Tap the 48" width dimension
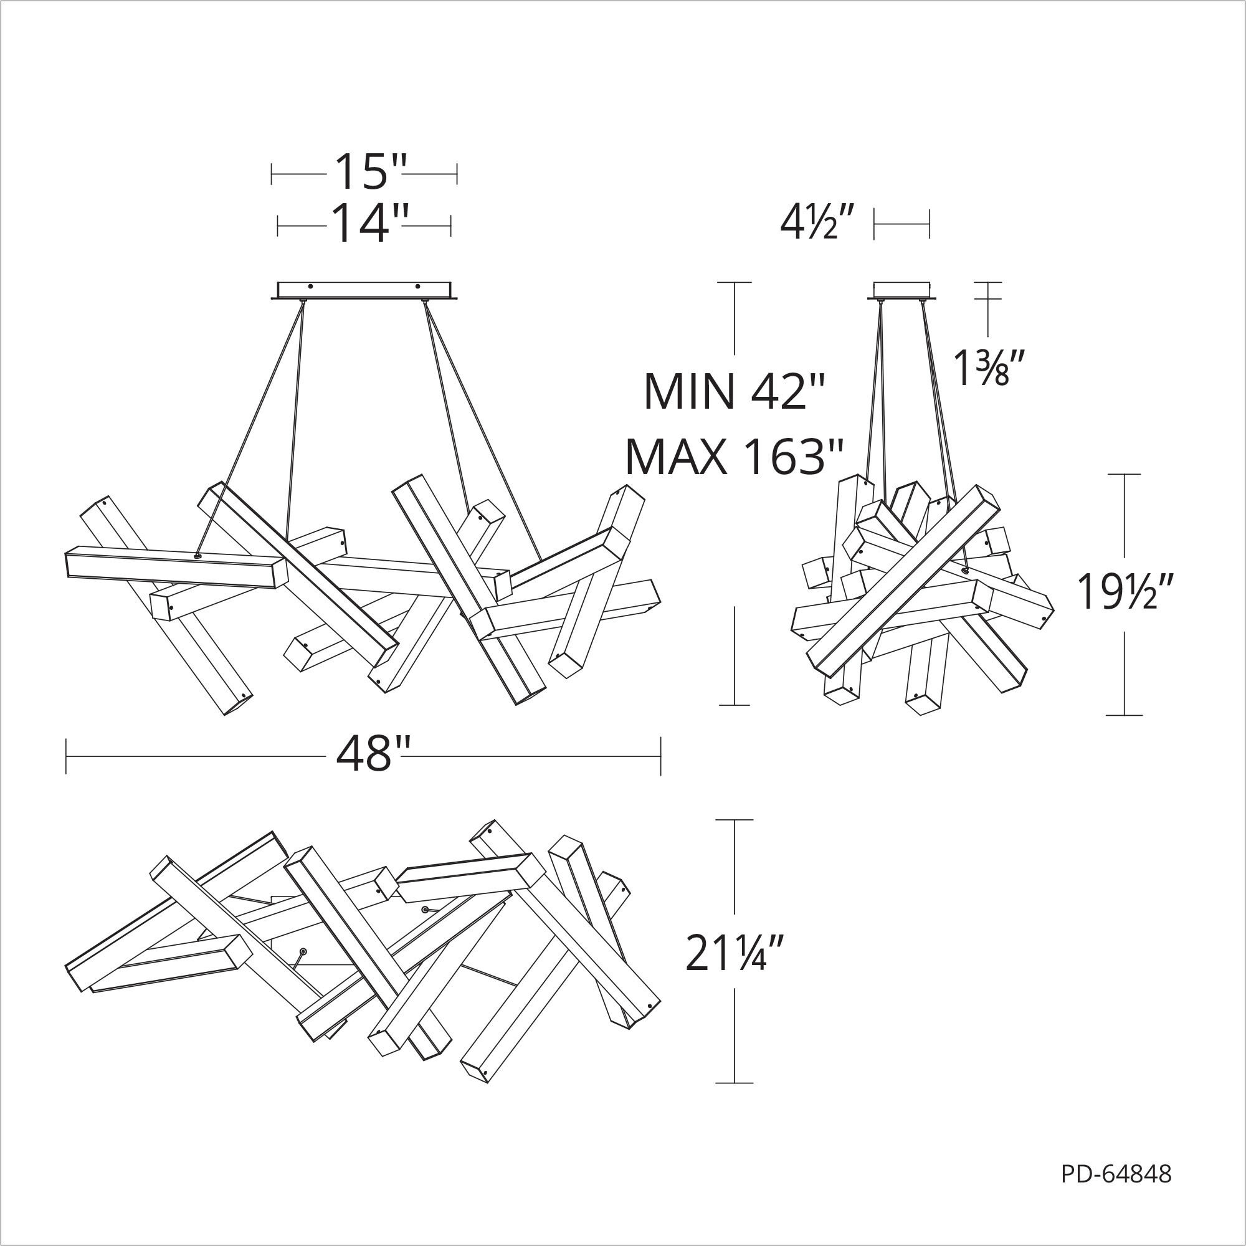[373, 754]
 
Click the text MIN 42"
[735, 391]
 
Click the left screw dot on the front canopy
[310, 286]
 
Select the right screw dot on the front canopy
[417, 286]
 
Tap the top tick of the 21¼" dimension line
[735, 820]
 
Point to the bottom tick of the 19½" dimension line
[1124, 715]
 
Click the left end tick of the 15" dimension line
[272, 173]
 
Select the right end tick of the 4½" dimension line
[930, 224]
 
